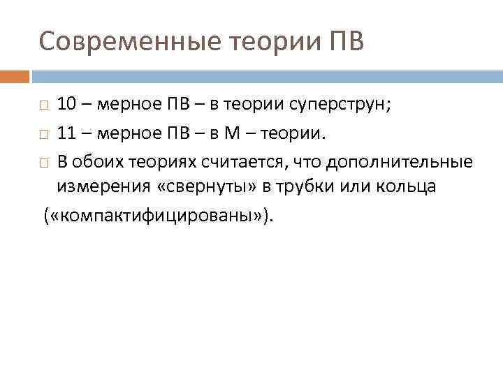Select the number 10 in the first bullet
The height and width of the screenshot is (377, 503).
pyautogui.click(x=67, y=105)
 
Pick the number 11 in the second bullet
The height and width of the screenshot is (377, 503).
pyautogui.click(x=67, y=133)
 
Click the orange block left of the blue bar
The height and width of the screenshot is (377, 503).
pyautogui.click(x=14, y=75)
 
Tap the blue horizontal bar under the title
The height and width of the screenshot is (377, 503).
pyautogui.click(x=265, y=75)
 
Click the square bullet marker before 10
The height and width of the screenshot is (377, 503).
pyautogui.click(x=43, y=106)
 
